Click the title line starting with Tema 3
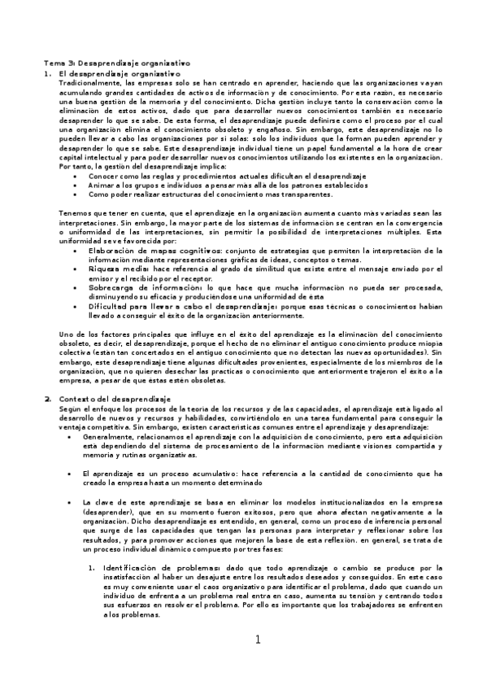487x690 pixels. pos(116,62)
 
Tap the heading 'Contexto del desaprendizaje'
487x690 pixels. pos(112,400)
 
